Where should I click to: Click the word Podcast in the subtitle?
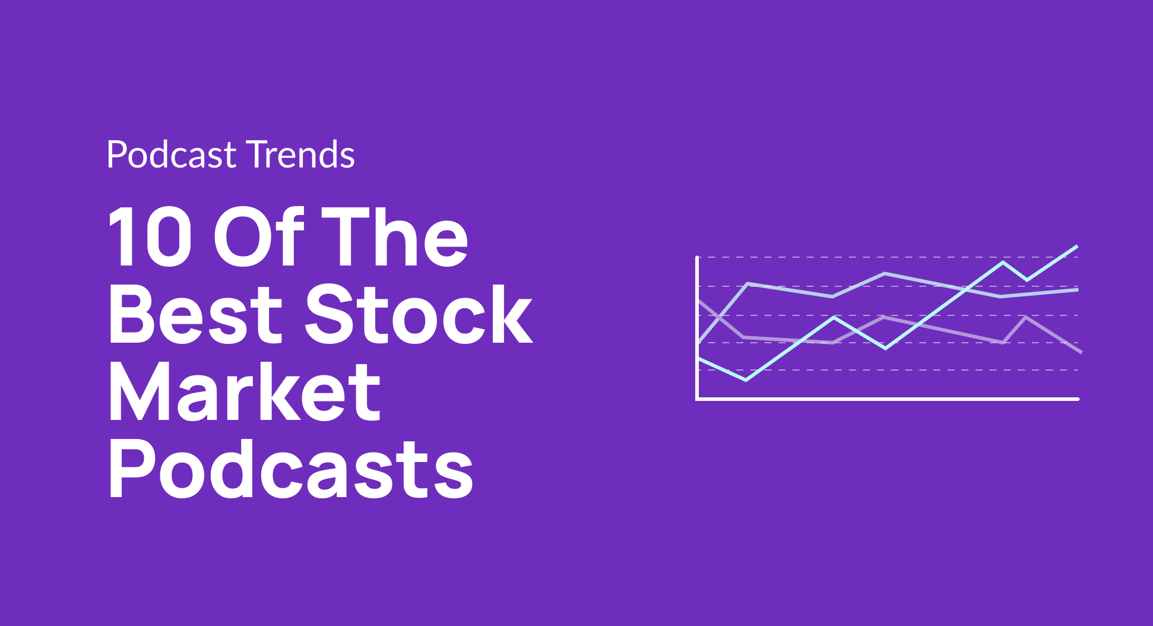(171, 155)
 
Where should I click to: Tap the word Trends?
(300, 155)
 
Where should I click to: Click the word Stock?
(419, 314)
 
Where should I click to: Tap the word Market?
(244, 391)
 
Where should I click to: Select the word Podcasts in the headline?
(290, 469)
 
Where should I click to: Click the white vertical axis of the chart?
(697, 327)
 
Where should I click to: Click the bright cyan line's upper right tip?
(1076, 246)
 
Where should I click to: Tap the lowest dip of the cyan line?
(746, 380)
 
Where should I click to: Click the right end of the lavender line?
(1081, 352)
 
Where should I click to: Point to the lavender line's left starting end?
(699, 301)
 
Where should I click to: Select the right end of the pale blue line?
(1077, 290)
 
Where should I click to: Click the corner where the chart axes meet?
(698, 399)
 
